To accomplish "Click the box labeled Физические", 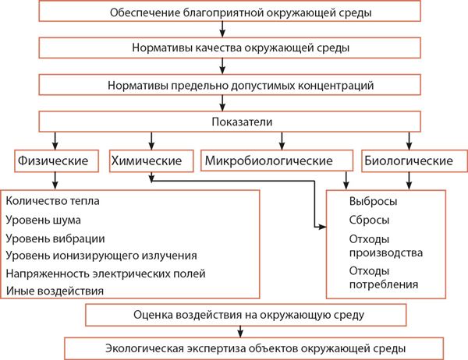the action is pyautogui.click(x=56, y=161).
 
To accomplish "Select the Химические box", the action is pyautogui.click(x=151, y=161).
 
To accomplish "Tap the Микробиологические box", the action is pyautogui.click(x=277, y=161).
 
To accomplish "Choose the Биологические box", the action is pyautogui.click(x=414, y=161).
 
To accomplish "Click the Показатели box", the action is pyautogui.click(x=229, y=122).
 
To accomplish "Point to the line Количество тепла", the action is pyautogui.click(x=52, y=201).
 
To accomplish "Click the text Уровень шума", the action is pyautogui.click(x=43, y=220).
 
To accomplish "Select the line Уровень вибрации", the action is pyautogui.click(x=55, y=238).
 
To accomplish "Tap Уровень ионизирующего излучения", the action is pyautogui.click(x=101, y=256).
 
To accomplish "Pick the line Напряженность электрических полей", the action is pyautogui.click(x=105, y=274).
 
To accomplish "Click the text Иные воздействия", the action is pyautogui.click(x=55, y=291).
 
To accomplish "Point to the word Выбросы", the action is pyautogui.click(x=373, y=201).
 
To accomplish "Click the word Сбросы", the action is pyautogui.click(x=369, y=220).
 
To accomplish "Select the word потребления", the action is pyautogui.click(x=384, y=284).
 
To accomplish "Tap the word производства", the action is pyautogui.click(x=386, y=253).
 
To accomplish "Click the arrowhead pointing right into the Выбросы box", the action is pyautogui.click(x=322, y=227).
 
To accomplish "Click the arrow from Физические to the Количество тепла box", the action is pyautogui.click(x=55, y=181).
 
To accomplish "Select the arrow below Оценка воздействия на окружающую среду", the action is pyautogui.click(x=240, y=332).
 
